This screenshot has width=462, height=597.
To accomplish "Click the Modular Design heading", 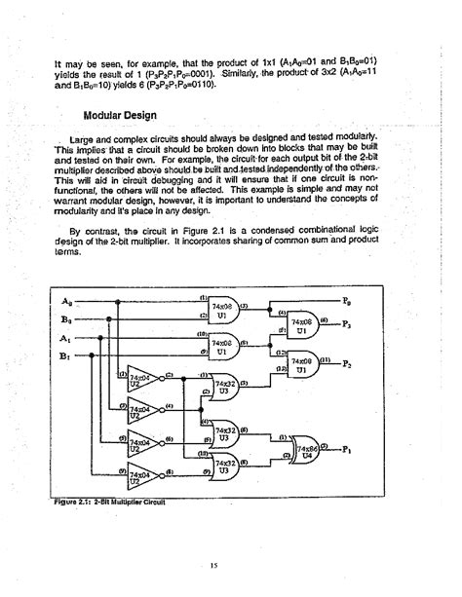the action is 100,114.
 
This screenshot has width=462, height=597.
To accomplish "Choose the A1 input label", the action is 65,337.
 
